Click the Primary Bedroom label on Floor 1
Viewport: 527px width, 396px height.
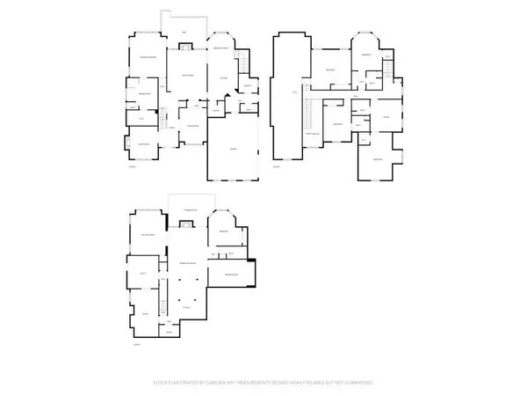[147, 57]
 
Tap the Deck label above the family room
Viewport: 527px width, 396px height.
[184, 33]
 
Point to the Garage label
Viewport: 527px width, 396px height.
[233, 150]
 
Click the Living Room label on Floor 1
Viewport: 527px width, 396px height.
[144, 143]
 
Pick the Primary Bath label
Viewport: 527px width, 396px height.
[144, 92]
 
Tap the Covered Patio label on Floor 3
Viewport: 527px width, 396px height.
[189, 209]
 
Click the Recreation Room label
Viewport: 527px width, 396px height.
[187, 264]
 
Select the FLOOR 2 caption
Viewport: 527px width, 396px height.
[276, 165]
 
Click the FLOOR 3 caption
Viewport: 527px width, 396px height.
[135, 346]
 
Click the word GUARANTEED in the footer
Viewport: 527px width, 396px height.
[359, 383]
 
